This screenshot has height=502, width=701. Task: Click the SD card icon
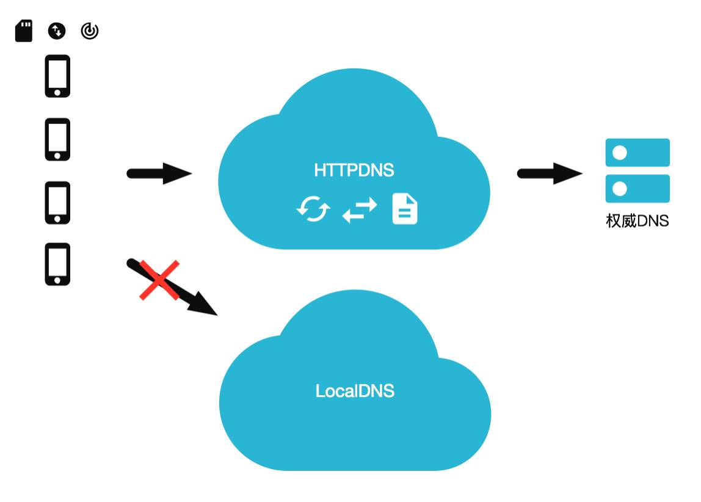[24, 31]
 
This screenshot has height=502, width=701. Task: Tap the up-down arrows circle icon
[57, 31]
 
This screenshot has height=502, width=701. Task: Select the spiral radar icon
[90, 31]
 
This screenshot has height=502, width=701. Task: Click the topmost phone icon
[57, 76]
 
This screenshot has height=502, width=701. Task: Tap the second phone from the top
[57, 139]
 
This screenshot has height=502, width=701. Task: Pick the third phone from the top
[57, 202]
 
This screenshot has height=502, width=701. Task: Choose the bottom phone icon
[57, 264]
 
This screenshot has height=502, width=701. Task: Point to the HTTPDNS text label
[354, 170]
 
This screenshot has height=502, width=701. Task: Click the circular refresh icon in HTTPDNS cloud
[313, 209]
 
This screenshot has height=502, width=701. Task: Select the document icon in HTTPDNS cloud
[404, 209]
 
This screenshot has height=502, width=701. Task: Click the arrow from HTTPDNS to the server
[550, 173]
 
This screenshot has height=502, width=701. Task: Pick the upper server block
[637, 153]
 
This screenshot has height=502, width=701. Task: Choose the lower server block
[637, 189]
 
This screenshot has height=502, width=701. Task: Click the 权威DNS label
[637, 220]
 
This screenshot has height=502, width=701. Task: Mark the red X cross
[159, 280]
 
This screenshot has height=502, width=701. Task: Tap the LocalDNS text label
[355, 391]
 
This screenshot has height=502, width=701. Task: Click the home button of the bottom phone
[57, 280]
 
